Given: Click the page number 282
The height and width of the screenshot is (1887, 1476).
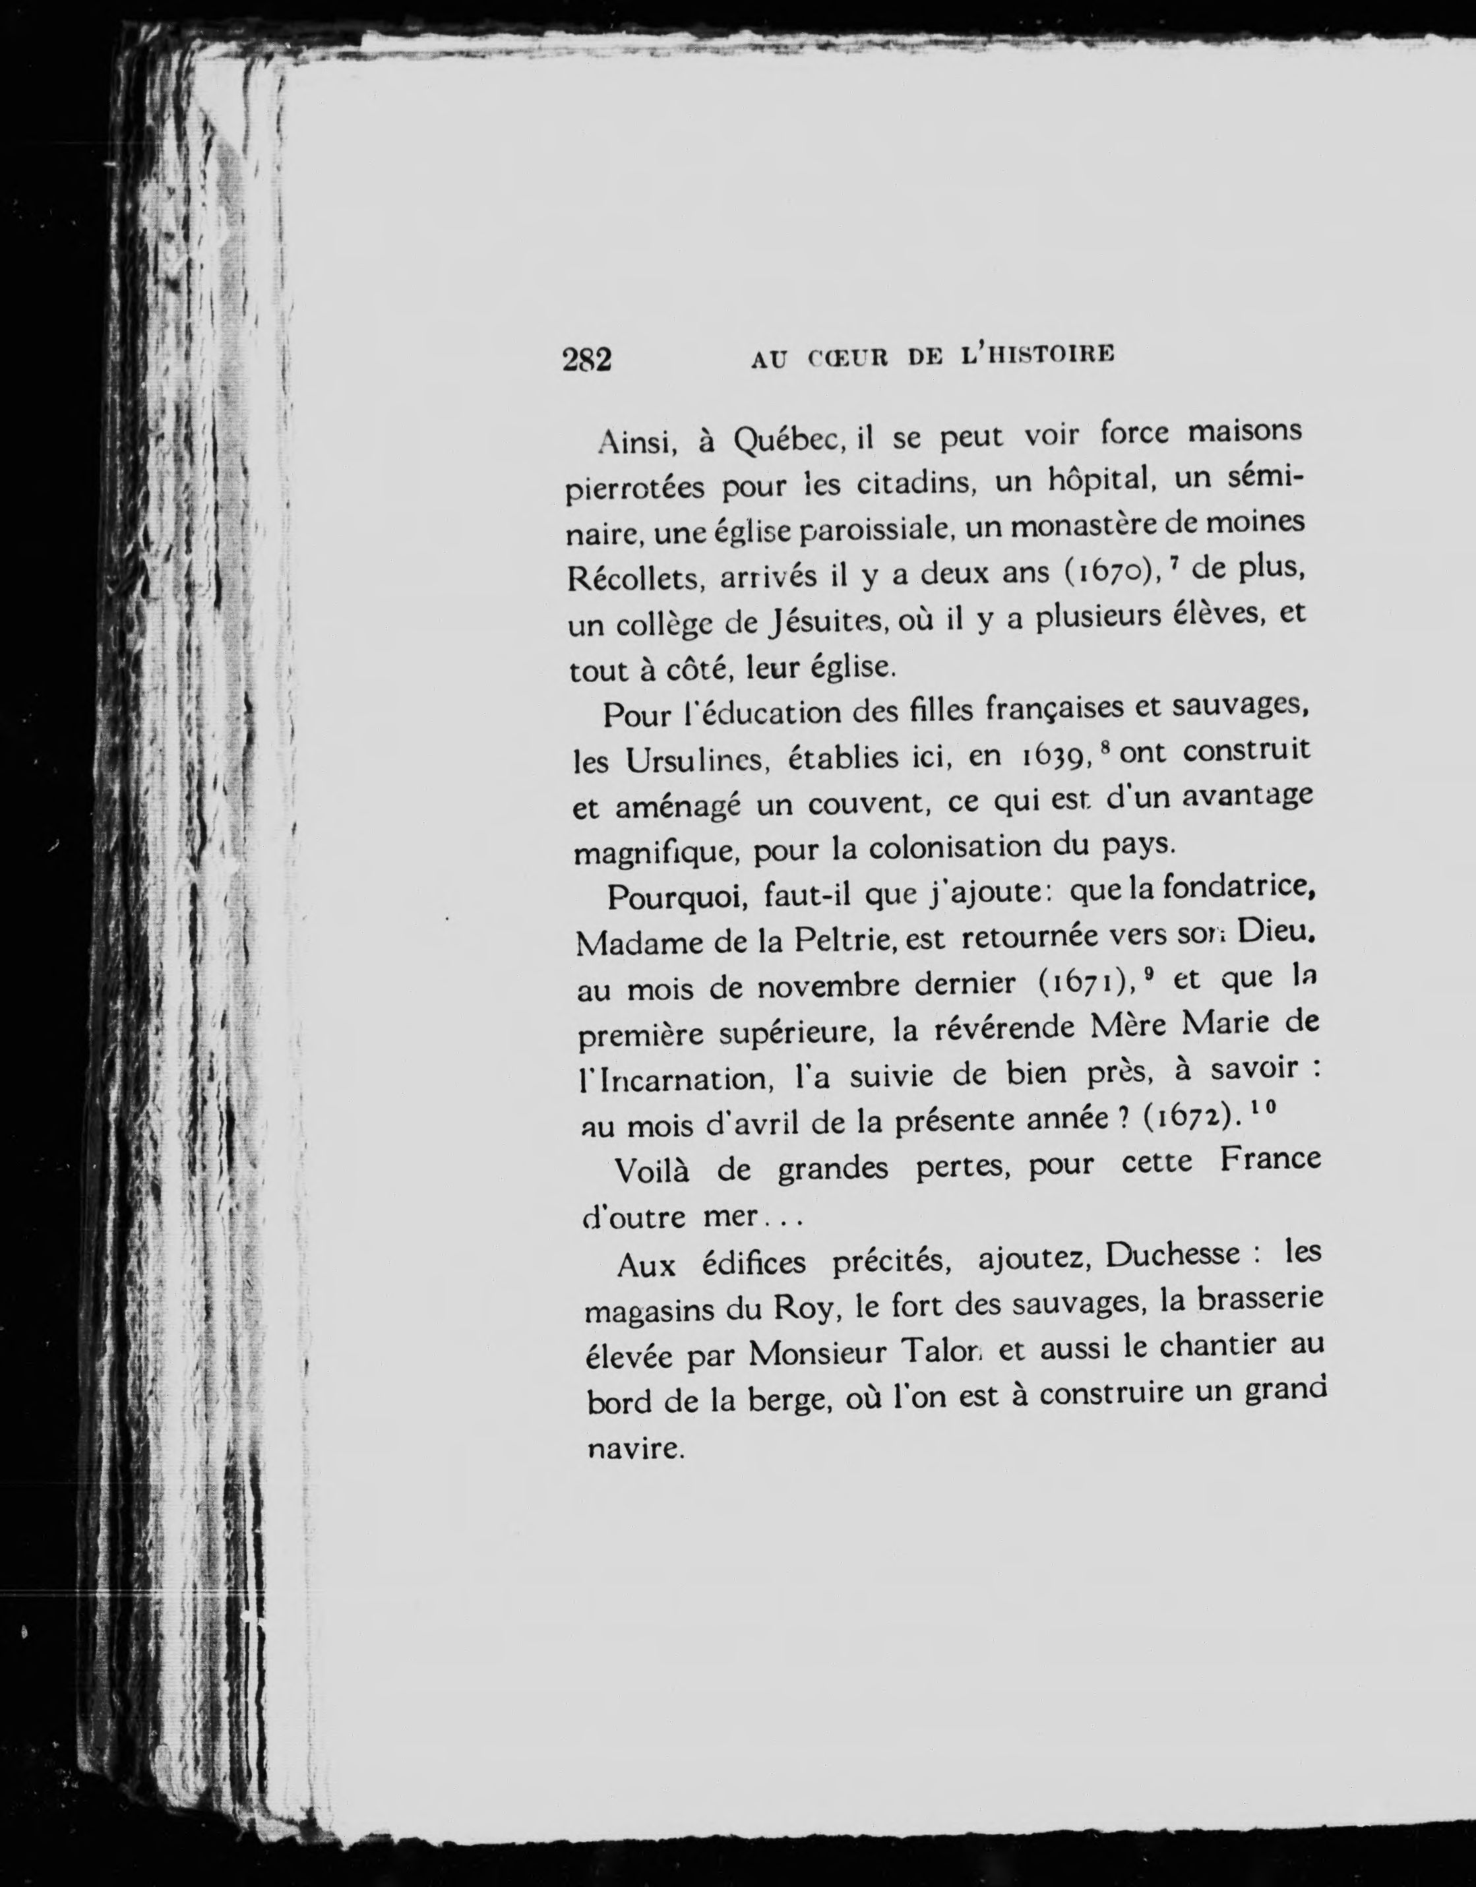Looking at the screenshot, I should click(587, 359).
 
